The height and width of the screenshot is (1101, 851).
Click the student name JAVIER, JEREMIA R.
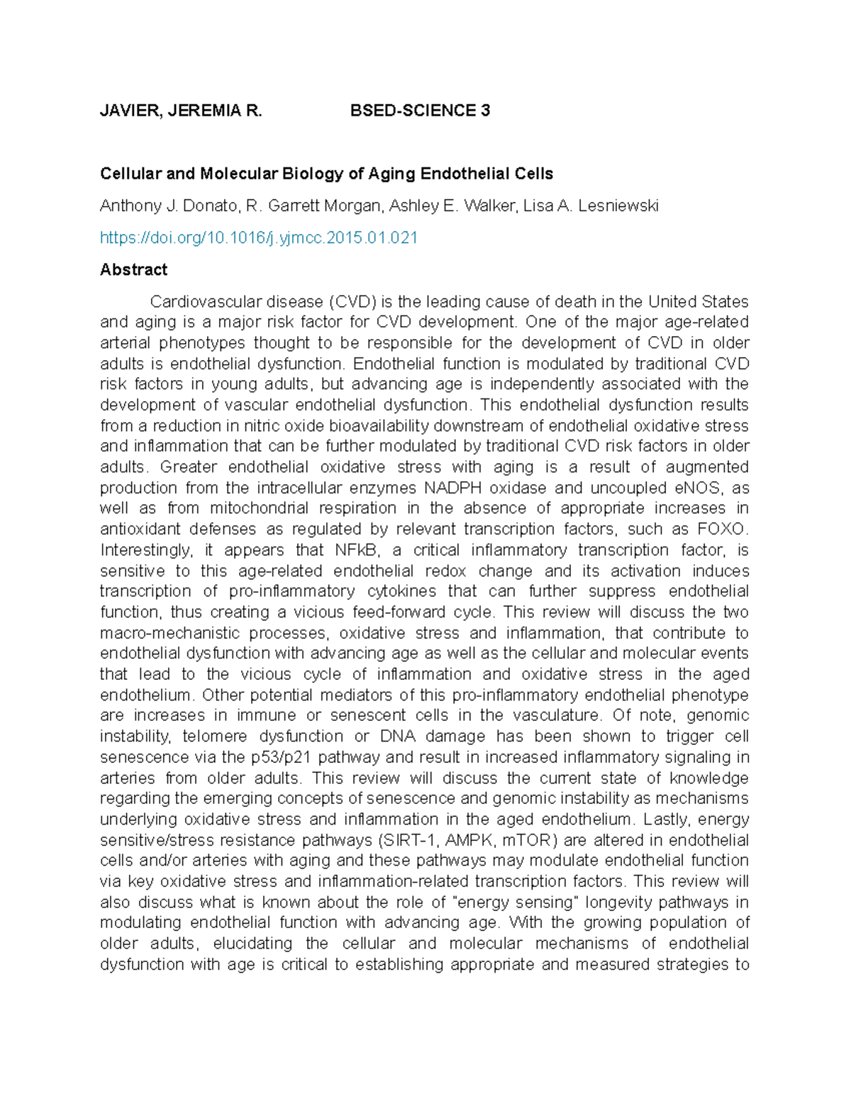[x=181, y=111]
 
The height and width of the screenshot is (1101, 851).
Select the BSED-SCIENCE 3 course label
[x=420, y=111]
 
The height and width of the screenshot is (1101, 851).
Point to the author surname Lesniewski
[x=618, y=206]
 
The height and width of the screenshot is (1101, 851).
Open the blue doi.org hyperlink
[x=259, y=238]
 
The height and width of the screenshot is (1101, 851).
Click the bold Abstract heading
[x=133, y=269]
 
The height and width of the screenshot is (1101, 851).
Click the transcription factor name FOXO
[x=722, y=530]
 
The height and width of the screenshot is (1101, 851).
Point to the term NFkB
[x=345, y=550]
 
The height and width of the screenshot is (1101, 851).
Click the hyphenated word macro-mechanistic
[x=169, y=633]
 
